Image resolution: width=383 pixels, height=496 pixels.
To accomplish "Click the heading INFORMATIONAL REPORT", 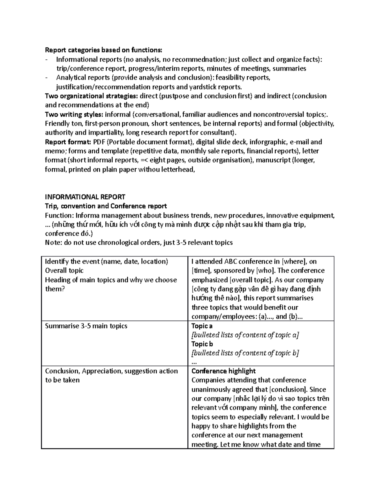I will [85, 197].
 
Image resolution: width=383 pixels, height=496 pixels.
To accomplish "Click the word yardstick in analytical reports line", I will [204, 87].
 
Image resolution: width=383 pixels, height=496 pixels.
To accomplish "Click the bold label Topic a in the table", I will [202, 326].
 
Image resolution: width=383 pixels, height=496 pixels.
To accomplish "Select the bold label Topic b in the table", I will [202, 344].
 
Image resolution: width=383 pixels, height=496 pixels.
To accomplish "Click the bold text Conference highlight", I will [223, 371].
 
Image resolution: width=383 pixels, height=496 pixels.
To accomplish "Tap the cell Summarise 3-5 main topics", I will [86, 326].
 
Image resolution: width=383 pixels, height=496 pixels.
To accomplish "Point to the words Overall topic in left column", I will [64, 271].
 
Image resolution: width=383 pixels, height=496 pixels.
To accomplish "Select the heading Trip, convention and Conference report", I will [106, 206].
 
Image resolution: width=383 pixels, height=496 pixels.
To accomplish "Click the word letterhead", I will [178, 169].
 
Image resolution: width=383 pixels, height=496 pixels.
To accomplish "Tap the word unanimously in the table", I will [211, 389].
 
